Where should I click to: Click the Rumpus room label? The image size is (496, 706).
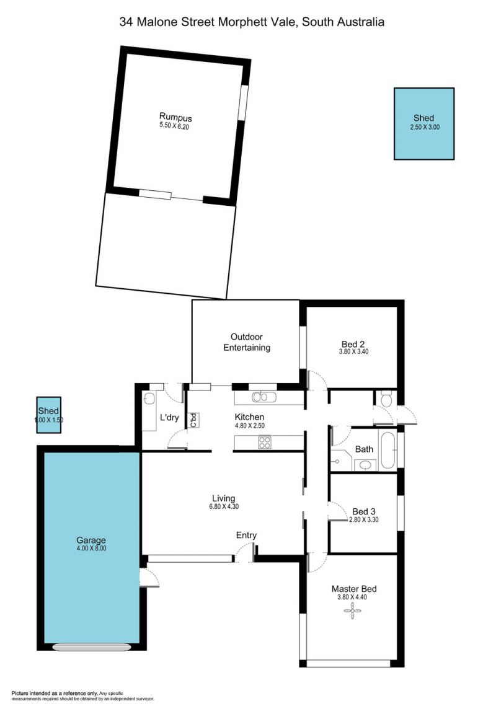coord(175,117)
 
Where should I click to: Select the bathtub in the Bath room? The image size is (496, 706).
coord(388,450)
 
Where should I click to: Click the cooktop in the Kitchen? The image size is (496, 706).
coord(265,442)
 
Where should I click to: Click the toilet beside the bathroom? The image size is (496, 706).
coord(386,399)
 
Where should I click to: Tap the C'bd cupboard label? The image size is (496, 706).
coord(193,420)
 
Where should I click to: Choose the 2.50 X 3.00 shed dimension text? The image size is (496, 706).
coord(425,128)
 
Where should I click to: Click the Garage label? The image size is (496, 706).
coord(91,540)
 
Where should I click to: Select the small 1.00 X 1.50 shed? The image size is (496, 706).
coord(48,415)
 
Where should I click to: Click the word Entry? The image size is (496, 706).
coord(246,535)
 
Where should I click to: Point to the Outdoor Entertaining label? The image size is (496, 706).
coord(247,342)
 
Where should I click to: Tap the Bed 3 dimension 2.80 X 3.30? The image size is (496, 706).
coord(363,519)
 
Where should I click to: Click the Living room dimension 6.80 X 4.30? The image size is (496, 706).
coord(224,506)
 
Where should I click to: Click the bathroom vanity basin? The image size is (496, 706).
coord(365,465)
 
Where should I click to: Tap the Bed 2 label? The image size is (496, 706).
coord(353,344)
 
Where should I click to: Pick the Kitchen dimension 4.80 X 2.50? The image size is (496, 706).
coord(250,425)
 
